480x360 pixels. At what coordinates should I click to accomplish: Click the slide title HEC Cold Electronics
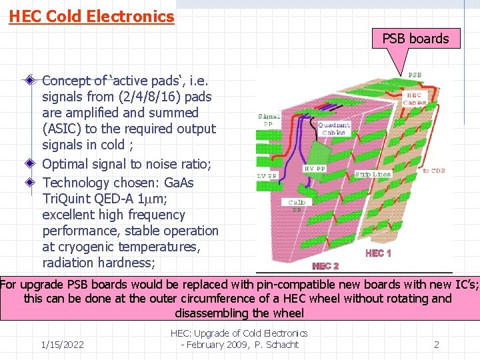(x=91, y=16)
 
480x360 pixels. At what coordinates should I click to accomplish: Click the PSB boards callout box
(x=415, y=39)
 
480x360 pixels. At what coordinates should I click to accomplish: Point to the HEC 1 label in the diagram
(x=379, y=253)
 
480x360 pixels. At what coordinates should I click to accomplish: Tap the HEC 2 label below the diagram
(x=325, y=266)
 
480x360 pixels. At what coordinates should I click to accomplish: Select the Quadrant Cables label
(x=333, y=128)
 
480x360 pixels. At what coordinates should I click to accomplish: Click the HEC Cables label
(x=415, y=99)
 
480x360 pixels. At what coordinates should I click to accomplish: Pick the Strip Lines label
(x=373, y=175)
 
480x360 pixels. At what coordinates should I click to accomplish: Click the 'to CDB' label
(x=435, y=171)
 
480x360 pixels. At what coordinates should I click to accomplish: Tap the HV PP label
(x=315, y=169)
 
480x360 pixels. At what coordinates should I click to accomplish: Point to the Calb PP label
(x=297, y=205)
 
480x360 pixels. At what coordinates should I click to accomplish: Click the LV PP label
(x=268, y=176)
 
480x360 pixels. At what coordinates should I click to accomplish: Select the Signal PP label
(x=269, y=119)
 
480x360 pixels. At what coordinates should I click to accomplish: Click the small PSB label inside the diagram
(x=414, y=75)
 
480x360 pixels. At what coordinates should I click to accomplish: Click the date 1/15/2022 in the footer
(x=62, y=345)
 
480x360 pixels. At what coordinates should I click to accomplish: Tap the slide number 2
(x=437, y=345)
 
